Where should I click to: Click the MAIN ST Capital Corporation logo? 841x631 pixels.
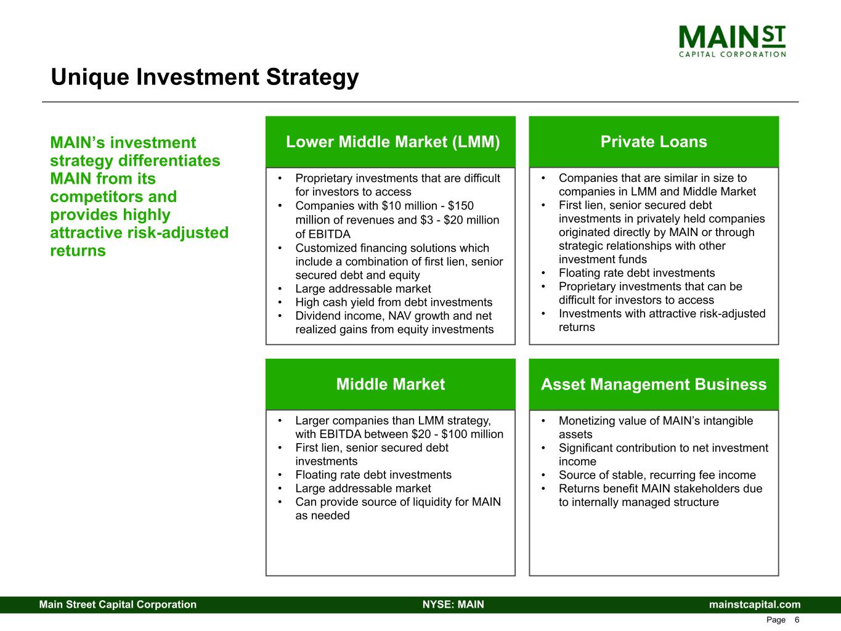(x=732, y=41)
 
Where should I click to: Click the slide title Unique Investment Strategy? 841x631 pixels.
(x=205, y=77)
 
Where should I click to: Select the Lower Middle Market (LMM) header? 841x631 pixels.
(x=392, y=142)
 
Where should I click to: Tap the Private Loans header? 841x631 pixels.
(x=653, y=142)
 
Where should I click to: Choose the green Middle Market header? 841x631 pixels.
(x=390, y=385)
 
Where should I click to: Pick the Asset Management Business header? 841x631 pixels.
(x=653, y=385)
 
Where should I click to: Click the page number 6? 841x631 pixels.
(x=797, y=620)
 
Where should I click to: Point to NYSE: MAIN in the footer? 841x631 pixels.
(x=453, y=605)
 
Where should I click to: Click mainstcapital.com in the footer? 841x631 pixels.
(x=755, y=605)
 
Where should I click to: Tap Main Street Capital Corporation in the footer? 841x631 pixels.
(x=118, y=605)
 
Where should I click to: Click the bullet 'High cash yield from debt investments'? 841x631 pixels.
(x=394, y=302)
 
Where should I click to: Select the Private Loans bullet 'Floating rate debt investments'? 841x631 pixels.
(x=636, y=273)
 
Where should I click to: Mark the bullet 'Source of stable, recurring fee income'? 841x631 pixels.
(x=657, y=475)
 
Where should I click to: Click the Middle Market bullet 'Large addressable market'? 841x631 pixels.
(x=363, y=489)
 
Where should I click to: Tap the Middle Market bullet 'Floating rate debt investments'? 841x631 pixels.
(x=373, y=475)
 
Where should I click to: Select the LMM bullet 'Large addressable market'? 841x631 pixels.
(x=363, y=288)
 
